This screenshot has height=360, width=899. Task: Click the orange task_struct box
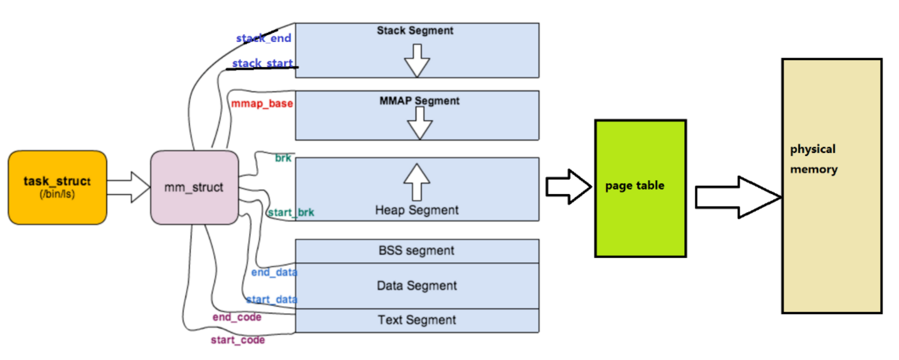[x=58, y=188]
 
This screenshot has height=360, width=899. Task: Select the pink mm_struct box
[x=194, y=188]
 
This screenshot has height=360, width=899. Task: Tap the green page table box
[x=641, y=189]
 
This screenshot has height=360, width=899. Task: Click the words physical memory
[x=814, y=159]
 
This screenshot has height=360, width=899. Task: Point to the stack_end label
[x=263, y=38]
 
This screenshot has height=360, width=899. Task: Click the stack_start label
[x=262, y=63]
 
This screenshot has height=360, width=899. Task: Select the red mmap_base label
[x=262, y=103]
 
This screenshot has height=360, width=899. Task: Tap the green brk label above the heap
[x=283, y=158]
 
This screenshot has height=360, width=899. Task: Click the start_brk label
[x=291, y=212]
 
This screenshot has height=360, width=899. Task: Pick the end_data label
[x=274, y=272]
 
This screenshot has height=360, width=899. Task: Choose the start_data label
[x=272, y=299]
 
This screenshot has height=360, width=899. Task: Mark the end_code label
[x=237, y=317]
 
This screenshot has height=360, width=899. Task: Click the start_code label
[x=238, y=340]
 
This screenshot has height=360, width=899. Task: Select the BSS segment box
[x=417, y=251]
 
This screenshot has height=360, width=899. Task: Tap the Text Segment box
[x=417, y=321]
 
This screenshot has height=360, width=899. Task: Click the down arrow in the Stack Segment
[x=417, y=61]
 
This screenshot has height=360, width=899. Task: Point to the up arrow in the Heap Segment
[x=417, y=182]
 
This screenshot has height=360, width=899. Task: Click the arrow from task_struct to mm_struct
[x=129, y=187]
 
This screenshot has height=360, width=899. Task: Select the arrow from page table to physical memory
[x=739, y=197]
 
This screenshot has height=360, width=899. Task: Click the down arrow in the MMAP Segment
[x=420, y=123]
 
